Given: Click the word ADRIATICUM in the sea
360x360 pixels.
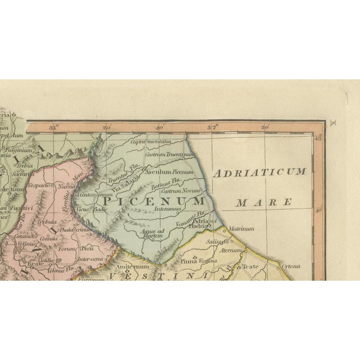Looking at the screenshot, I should (260, 172).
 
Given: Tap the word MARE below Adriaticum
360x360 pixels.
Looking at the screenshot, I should (264, 201).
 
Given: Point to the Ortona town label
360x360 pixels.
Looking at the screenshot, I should (291, 266).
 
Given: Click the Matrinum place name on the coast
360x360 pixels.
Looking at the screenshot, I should (242, 229).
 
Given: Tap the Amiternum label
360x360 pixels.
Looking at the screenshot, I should (133, 266).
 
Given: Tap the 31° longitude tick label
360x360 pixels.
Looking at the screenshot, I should (55, 128).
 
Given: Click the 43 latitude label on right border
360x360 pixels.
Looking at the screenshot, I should (318, 138).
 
